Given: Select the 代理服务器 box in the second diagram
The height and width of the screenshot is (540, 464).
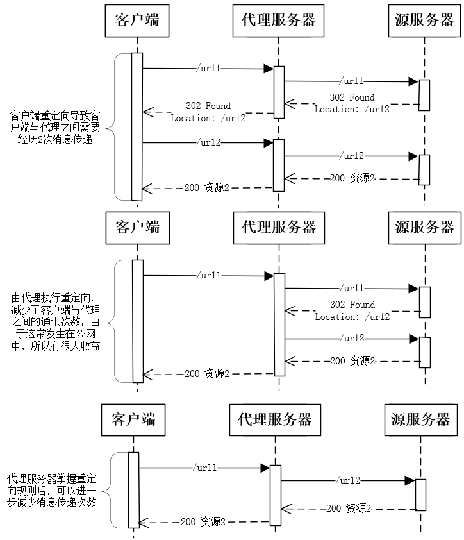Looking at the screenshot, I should coord(278,226).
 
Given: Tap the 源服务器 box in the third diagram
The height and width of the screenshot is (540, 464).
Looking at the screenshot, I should coord(420,420).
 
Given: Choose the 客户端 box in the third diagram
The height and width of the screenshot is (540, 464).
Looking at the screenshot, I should coord(133,420).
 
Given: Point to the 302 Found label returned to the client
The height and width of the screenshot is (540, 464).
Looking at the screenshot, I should coord(208,112).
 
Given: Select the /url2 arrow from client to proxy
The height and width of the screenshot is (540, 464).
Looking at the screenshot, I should coord(208,143).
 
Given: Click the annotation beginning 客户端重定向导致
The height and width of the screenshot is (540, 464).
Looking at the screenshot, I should coord(55,127).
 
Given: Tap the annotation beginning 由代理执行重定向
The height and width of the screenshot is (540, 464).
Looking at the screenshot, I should coord(55,322).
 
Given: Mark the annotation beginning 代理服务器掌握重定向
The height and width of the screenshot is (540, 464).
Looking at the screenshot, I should coord(53,491).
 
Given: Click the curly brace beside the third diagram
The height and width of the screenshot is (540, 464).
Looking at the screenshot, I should coord(110,491).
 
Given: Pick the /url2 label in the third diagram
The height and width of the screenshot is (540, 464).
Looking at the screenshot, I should coord(349,480).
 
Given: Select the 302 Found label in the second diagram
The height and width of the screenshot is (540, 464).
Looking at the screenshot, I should coord(352,310).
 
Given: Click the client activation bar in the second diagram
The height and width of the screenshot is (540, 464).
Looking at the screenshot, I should coord(137,321).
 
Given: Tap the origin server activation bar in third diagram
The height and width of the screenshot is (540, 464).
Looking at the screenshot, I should coord(420,494).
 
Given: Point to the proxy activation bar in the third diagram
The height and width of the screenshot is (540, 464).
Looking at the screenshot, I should coord(276,494).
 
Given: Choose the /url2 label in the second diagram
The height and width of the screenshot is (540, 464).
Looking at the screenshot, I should coord(352,337).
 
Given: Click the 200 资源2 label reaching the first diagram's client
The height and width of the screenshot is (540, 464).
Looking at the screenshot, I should coord(206,188).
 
